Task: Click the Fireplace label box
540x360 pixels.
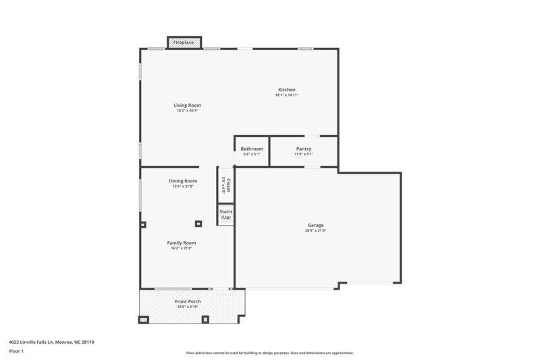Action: click(184, 43)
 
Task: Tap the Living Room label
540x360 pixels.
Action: click(187, 105)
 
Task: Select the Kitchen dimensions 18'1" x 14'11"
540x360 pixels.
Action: click(286, 95)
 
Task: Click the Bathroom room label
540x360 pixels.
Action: click(252, 149)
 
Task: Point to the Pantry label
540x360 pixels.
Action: click(304, 149)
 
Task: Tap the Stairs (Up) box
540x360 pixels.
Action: click(225, 214)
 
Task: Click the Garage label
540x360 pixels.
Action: click(315, 225)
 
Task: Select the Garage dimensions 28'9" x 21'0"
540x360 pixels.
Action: click(315, 230)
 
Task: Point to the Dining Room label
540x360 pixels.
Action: click(183, 180)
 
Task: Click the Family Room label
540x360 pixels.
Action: click(182, 242)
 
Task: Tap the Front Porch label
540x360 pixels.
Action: click(188, 301)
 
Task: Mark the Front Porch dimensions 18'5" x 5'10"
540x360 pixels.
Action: click(188, 307)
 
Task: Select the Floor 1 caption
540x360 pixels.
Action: click(17, 351)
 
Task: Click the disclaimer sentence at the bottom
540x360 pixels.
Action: click(269, 353)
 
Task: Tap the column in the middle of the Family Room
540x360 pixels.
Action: click(198, 224)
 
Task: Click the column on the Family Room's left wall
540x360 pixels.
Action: click(142, 224)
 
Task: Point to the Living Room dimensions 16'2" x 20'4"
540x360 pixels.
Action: click(187, 111)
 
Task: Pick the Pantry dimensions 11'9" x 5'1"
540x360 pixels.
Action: click(304, 154)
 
